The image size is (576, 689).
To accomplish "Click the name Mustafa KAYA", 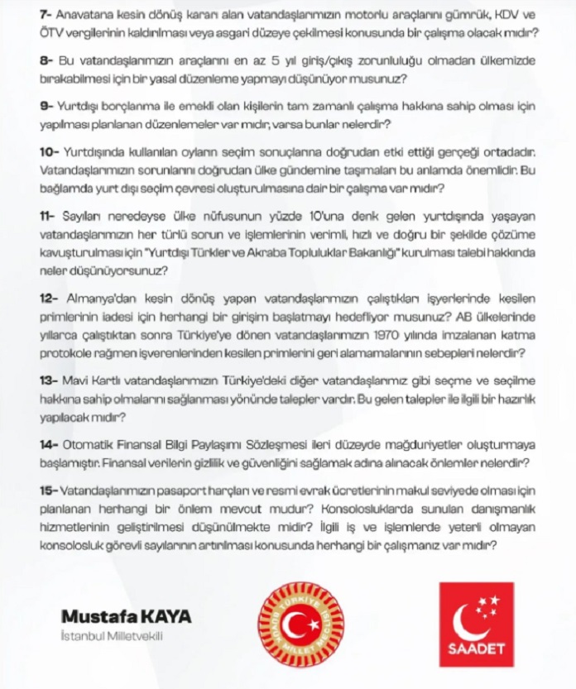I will point(127,617).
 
